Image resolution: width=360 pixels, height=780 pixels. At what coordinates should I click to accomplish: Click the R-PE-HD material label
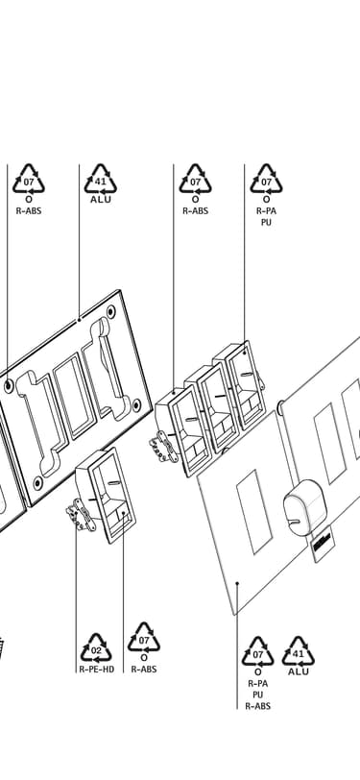[96, 670]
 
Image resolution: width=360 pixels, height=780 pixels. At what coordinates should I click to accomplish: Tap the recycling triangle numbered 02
[96, 648]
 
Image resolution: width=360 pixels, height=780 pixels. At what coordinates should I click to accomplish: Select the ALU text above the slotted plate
[101, 200]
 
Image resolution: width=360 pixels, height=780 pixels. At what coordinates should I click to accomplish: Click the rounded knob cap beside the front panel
[302, 507]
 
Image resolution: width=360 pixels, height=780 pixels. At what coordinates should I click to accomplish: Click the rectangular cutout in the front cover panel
[254, 512]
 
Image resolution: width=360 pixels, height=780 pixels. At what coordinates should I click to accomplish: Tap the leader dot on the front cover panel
[238, 583]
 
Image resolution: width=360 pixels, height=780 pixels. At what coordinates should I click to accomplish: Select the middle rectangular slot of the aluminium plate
[75, 396]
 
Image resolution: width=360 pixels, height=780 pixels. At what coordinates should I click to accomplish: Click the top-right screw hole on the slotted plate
[110, 312]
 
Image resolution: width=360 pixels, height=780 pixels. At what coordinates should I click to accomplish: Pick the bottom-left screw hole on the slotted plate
[37, 482]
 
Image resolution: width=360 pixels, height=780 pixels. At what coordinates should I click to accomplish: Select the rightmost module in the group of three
[239, 385]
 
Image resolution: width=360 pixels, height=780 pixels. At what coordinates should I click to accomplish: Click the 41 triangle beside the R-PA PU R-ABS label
[299, 651]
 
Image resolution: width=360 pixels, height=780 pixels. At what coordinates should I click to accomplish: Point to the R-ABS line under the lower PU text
[257, 705]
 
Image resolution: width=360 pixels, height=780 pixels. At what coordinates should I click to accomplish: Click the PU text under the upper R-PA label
[267, 222]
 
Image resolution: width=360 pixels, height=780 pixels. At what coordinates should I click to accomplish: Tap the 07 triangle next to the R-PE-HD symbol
[144, 637]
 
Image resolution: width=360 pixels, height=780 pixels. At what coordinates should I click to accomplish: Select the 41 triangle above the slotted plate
[101, 179]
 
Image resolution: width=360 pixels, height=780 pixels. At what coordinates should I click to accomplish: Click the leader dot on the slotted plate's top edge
[79, 319]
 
